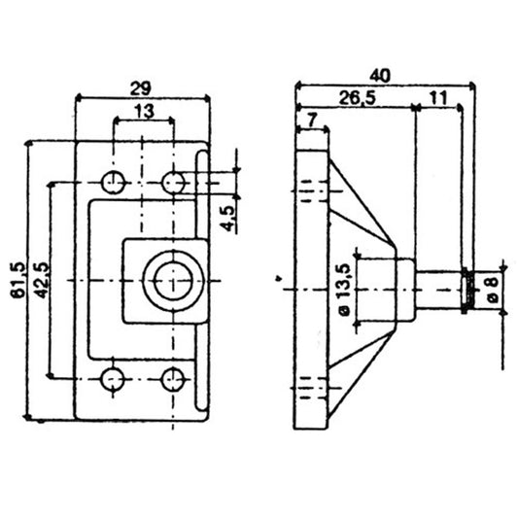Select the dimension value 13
[143, 112]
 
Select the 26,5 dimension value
[357, 97]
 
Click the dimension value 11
[437, 97]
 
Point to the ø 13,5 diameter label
[342, 287]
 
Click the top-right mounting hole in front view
[174, 181]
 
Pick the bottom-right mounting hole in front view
[174, 379]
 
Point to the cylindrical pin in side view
[437, 290]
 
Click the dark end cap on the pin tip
[467, 290]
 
